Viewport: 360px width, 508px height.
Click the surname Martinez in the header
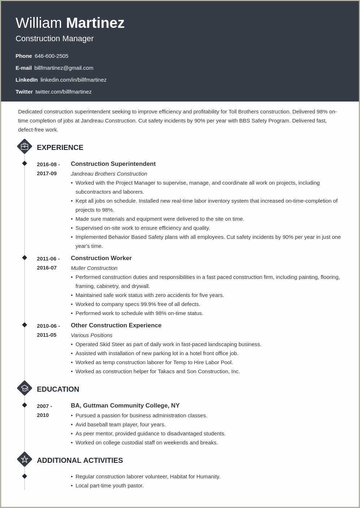click(x=95, y=23)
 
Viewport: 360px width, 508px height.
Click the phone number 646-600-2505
click(x=51, y=56)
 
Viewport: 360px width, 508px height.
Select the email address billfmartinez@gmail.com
click(x=64, y=68)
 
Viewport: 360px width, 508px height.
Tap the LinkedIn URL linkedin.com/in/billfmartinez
click(x=73, y=80)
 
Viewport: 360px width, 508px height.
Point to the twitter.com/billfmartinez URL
click(x=63, y=92)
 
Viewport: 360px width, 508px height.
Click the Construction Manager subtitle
click(x=55, y=39)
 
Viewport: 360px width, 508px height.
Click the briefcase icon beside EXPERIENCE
click(x=25, y=147)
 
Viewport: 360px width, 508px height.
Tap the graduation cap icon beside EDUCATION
click(x=25, y=388)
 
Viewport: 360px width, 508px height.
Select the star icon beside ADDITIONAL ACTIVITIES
click(x=25, y=460)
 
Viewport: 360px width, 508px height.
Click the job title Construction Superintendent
click(x=113, y=164)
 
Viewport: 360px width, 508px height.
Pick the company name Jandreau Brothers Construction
click(x=109, y=174)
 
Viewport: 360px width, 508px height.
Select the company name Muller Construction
click(x=94, y=268)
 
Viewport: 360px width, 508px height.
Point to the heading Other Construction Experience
click(x=116, y=326)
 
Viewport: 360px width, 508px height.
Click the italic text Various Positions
click(x=91, y=335)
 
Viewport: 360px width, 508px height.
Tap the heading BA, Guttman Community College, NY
click(x=125, y=406)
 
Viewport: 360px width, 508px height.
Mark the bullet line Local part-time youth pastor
click(x=110, y=486)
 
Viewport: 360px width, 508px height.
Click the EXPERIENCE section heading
click(x=60, y=147)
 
